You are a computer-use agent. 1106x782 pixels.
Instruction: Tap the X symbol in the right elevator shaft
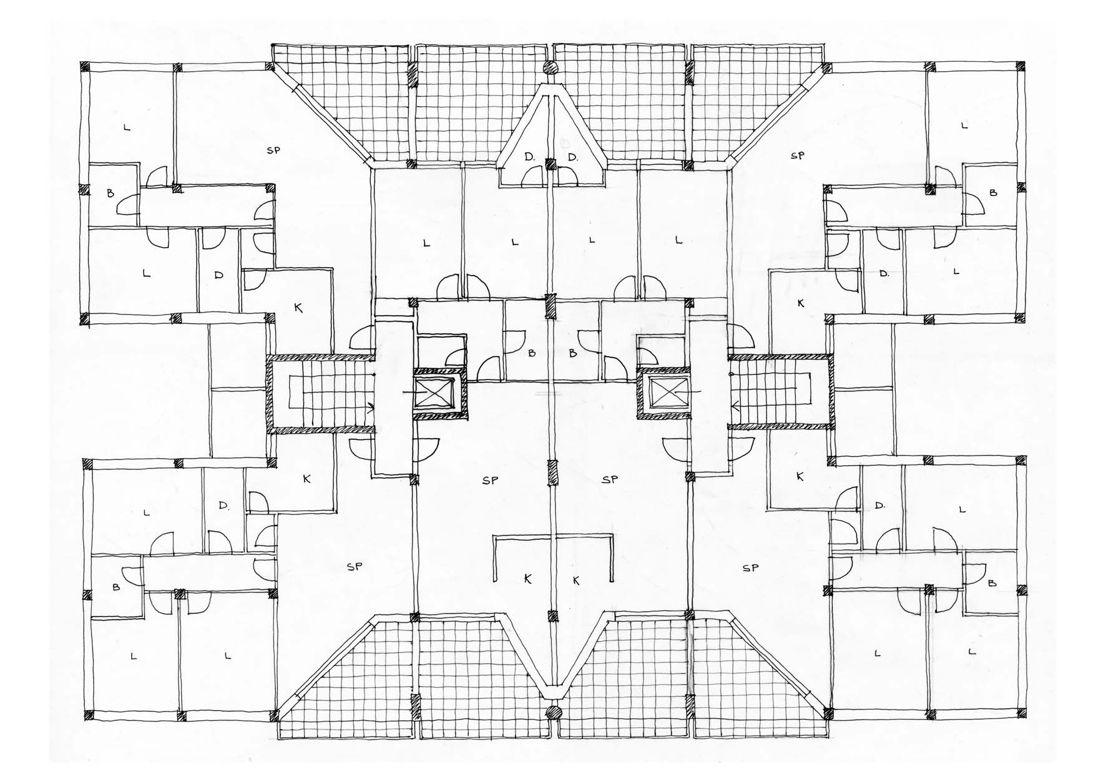(663, 393)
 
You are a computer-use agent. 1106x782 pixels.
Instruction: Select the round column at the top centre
(550, 68)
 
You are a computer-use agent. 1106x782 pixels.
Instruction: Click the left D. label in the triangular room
(530, 158)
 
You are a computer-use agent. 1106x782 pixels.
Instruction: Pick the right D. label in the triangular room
(573, 158)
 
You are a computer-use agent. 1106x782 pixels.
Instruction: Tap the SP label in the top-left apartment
(273, 150)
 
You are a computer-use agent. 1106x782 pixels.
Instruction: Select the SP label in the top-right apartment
(797, 155)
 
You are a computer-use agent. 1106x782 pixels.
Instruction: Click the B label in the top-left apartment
(110, 193)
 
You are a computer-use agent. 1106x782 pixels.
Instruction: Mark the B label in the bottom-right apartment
(992, 584)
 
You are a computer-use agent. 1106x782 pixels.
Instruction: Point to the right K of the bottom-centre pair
(576, 580)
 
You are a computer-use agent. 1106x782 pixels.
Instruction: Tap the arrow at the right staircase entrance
(736, 408)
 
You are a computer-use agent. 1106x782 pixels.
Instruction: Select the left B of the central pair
(532, 353)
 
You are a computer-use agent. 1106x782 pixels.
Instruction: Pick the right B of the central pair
(573, 353)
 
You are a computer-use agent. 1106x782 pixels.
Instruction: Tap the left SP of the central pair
(490, 480)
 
